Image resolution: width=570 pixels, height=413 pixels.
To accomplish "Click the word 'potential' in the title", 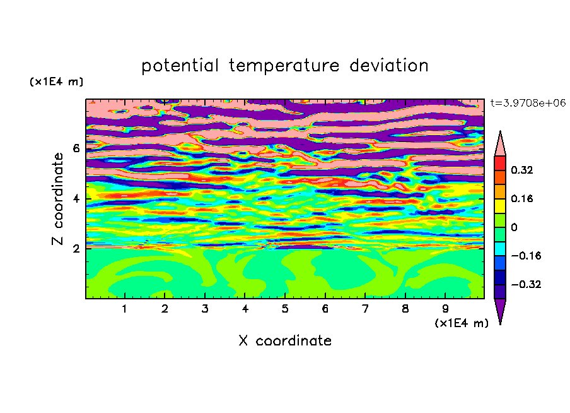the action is point(180,66).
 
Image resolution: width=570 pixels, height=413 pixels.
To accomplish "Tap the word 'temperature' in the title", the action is point(284,66).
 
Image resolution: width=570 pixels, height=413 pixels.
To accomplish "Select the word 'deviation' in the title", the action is point(389,65).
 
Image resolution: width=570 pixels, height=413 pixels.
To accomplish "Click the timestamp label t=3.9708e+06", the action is point(528,103).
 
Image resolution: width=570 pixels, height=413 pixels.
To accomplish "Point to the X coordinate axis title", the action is point(285,340).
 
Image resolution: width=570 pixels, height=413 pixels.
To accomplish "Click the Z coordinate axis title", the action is point(58,199).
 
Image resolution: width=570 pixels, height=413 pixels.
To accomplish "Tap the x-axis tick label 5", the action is point(285,309).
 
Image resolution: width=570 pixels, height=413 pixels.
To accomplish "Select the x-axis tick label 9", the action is point(445,309).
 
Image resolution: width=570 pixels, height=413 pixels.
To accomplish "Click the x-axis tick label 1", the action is point(124,309).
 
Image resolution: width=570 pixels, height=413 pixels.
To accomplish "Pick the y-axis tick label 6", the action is point(76,148).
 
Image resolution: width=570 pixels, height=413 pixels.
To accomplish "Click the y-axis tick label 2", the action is point(76,249).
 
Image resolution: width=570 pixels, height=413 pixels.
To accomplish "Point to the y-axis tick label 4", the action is point(76,199).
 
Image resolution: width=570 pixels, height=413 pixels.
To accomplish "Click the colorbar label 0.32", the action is point(522,170).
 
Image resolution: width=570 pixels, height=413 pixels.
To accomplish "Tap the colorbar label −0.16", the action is point(526,256).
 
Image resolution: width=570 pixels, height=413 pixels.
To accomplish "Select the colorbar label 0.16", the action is point(522,198).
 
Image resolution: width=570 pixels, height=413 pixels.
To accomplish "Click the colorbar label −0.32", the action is point(526,284).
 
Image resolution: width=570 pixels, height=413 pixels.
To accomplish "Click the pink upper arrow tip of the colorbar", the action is point(500,131).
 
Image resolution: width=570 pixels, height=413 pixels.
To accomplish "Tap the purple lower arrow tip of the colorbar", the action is point(500,324).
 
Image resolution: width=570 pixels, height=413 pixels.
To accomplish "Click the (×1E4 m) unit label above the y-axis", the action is point(56,81).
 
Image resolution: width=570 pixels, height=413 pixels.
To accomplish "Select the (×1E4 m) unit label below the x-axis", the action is point(462,323).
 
